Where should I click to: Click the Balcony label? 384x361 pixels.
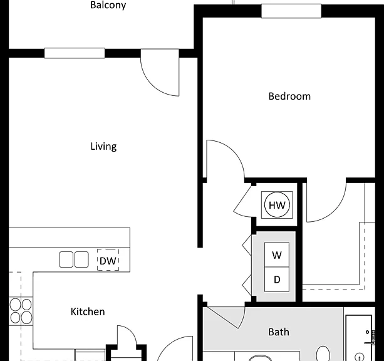pyautogui.click(x=108, y=5)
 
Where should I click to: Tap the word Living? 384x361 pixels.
pyautogui.click(x=103, y=146)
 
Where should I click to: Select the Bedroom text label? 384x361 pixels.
pyautogui.click(x=289, y=97)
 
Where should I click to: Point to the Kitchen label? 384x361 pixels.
pyautogui.click(x=88, y=311)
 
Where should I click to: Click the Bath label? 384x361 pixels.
pyautogui.click(x=279, y=332)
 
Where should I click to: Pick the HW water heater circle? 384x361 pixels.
pyautogui.click(x=277, y=205)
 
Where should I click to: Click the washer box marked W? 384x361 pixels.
pyautogui.click(x=277, y=255)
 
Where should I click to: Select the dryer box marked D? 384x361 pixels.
pyautogui.click(x=277, y=280)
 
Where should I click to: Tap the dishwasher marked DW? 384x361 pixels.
pyautogui.click(x=108, y=260)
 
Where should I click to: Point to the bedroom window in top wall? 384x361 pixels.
pyautogui.click(x=291, y=11)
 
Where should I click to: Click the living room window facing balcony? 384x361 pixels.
pyautogui.click(x=75, y=53)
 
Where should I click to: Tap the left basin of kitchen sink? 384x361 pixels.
pyautogui.click(x=66, y=259)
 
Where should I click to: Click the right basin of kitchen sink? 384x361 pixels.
pyautogui.click(x=81, y=259)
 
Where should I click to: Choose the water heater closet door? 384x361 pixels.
pyautogui.click(x=242, y=200)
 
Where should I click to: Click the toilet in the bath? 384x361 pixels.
pyautogui.click(x=323, y=353)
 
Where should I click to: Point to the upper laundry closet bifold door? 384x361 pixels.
pyautogui.click(x=247, y=245)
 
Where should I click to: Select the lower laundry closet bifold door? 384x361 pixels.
pyautogui.click(x=247, y=285)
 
